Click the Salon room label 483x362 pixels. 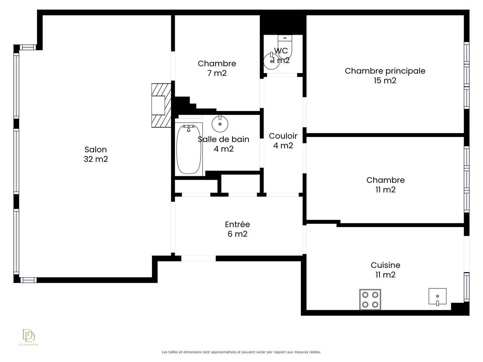[95, 149]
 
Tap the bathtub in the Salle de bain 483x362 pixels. [189, 149]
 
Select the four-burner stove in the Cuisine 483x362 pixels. [370, 299]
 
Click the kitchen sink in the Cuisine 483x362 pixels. [437, 296]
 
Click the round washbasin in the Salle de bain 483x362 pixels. [220, 124]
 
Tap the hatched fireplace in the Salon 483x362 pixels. [161, 105]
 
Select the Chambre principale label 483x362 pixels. [385, 71]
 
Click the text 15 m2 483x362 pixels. [385, 81]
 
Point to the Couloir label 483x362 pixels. [283, 136]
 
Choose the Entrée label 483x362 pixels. [238, 224]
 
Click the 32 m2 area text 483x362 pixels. [96, 159]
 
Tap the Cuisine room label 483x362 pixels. [385, 265]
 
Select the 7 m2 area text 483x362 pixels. [217, 73]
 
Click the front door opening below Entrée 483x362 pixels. [198, 258]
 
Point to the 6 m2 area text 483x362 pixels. [238, 233]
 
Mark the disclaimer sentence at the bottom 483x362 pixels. [241, 352]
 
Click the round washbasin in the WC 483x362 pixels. [271, 61]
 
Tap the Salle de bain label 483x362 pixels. [224, 139]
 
